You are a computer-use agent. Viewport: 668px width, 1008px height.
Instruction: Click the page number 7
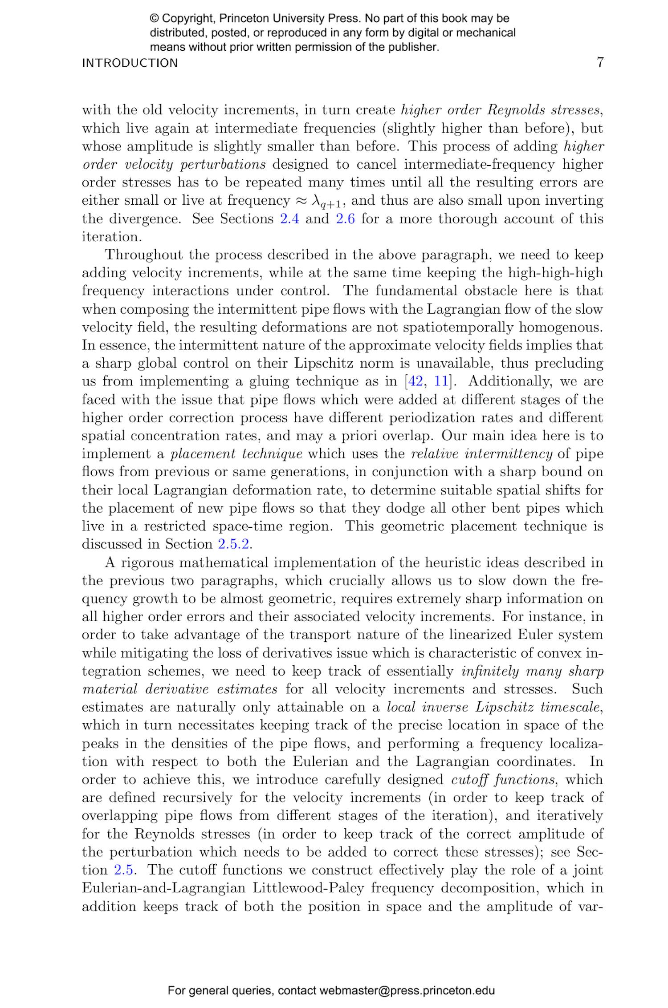pos(599,62)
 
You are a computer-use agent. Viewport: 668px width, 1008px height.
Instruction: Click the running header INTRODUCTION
pos(130,63)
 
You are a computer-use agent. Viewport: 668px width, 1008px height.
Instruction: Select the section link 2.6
pos(345,219)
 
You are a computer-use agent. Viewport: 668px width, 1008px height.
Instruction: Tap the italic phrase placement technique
pos(236,454)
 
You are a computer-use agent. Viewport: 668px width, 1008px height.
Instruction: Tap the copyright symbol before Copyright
pos(154,19)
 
